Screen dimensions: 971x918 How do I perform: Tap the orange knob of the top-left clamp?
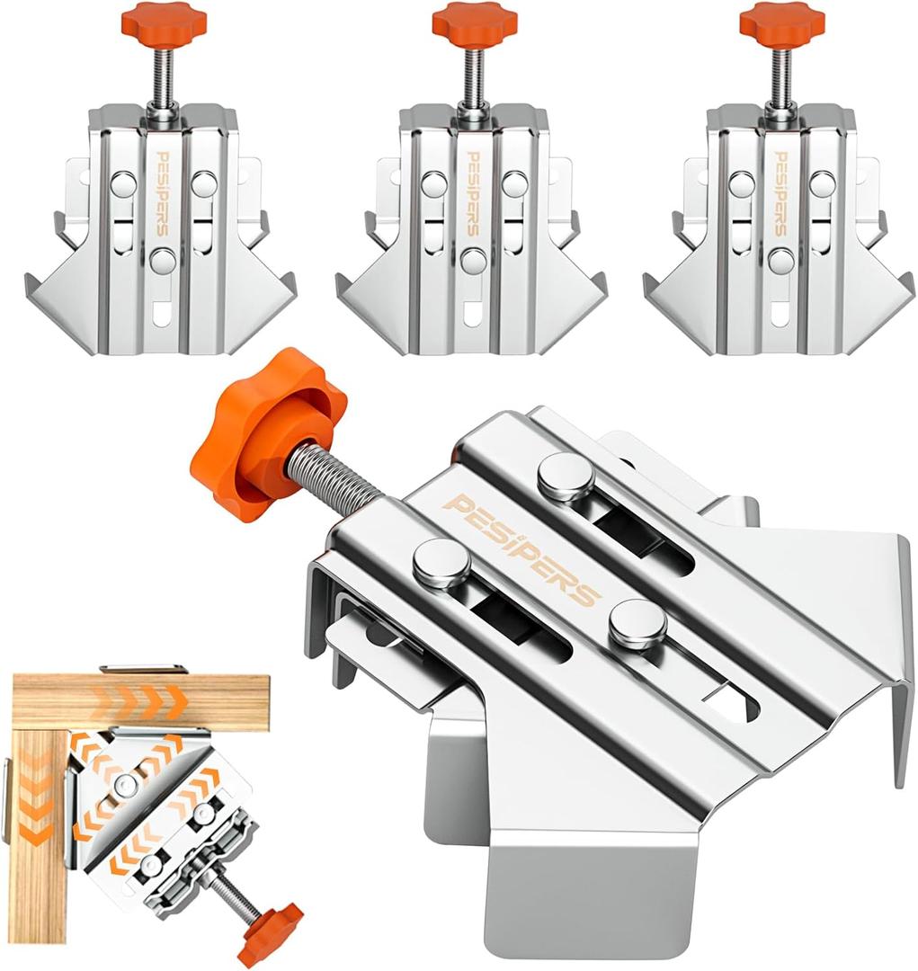point(165,20)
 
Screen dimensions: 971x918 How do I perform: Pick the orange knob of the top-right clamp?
point(782,22)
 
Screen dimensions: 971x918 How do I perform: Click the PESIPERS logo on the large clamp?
point(520,548)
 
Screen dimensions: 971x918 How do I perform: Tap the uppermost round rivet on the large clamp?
point(566,475)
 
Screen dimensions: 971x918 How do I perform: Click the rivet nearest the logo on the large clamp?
point(441,565)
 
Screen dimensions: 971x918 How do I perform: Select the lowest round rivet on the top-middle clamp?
point(473,262)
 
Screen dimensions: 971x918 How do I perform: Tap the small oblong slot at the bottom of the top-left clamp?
point(163,315)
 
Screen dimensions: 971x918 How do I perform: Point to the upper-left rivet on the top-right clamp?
point(741,183)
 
